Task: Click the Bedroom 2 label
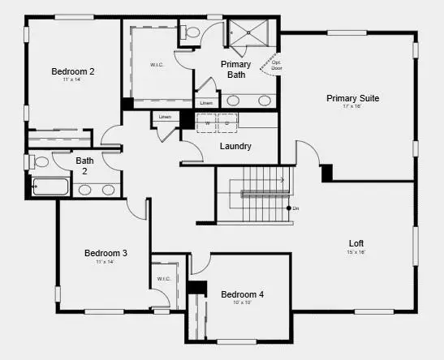point(73,71)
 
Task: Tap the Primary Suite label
point(352,98)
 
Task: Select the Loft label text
point(356,242)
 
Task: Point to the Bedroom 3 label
point(106,253)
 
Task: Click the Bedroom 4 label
point(242,294)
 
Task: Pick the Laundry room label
point(235,146)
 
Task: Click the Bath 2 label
point(85,165)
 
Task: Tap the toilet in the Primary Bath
point(192,32)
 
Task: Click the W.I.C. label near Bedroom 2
point(157,65)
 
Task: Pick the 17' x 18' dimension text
point(352,107)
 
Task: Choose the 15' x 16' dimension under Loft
point(356,252)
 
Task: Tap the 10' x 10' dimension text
point(242,302)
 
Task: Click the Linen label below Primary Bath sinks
point(207,103)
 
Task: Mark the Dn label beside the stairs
point(296,209)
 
